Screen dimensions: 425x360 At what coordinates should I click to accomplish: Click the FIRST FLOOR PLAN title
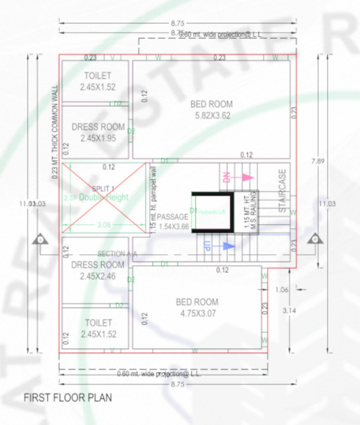pos(67,397)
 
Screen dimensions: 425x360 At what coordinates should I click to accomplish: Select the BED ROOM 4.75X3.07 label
pos(197,307)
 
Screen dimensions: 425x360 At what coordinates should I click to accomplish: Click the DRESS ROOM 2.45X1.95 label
pos(98,132)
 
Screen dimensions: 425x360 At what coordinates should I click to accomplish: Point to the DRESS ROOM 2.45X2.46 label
pos(98,270)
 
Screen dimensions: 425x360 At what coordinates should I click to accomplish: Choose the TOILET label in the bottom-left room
pos(98,328)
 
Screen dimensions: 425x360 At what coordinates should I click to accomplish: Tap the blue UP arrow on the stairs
pos(229,245)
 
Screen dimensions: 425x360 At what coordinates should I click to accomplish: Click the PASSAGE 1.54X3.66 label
pos(173,221)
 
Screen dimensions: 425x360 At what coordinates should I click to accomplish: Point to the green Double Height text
pos(104,197)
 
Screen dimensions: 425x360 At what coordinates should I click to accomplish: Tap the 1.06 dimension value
pos(281,290)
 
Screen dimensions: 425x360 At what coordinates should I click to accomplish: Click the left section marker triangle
pos(41,239)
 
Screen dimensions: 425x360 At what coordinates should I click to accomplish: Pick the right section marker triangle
pos(313,239)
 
